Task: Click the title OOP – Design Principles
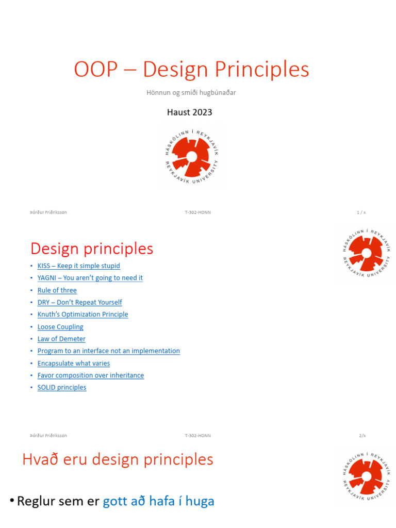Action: pyautogui.click(x=191, y=70)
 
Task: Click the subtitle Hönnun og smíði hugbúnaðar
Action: pyautogui.click(x=191, y=93)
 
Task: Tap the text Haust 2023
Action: pyautogui.click(x=189, y=112)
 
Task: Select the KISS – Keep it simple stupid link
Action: pyautogui.click(x=78, y=266)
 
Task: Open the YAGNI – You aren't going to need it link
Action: pyautogui.click(x=90, y=278)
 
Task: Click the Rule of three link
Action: pyautogui.click(x=57, y=290)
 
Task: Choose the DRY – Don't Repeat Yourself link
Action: pyautogui.click(x=79, y=303)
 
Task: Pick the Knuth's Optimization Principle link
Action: pyautogui.click(x=82, y=315)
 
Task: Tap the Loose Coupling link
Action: pyautogui.click(x=60, y=327)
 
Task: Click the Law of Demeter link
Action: pyautogui.click(x=61, y=339)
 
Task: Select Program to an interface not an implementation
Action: pyautogui.click(x=108, y=351)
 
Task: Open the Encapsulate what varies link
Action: pyautogui.click(x=73, y=364)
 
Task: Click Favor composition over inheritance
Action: pyautogui.click(x=90, y=375)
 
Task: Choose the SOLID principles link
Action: pyautogui.click(x=62, y=388)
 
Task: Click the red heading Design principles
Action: pyautogui.click(x=92, y=249)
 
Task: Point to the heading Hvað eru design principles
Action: pyautogui.click(x=118, y=459)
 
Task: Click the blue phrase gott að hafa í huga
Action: pyautogui.click(x=158, y=501)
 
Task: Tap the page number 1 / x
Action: pyautogui.click(x=361, y=212)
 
